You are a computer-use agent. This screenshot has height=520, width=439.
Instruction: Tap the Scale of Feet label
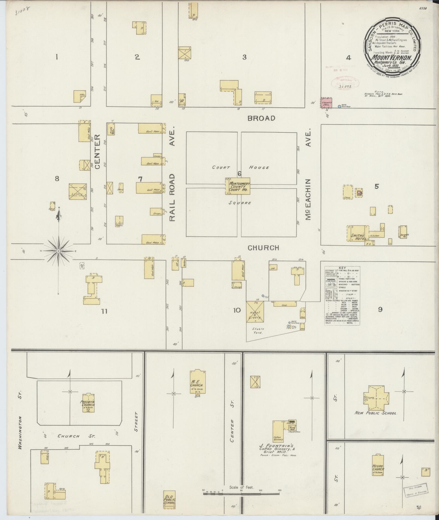[241, 487]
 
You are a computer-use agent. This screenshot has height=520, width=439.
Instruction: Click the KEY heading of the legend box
[342, 268]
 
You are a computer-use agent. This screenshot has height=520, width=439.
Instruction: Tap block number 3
[244, 57]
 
